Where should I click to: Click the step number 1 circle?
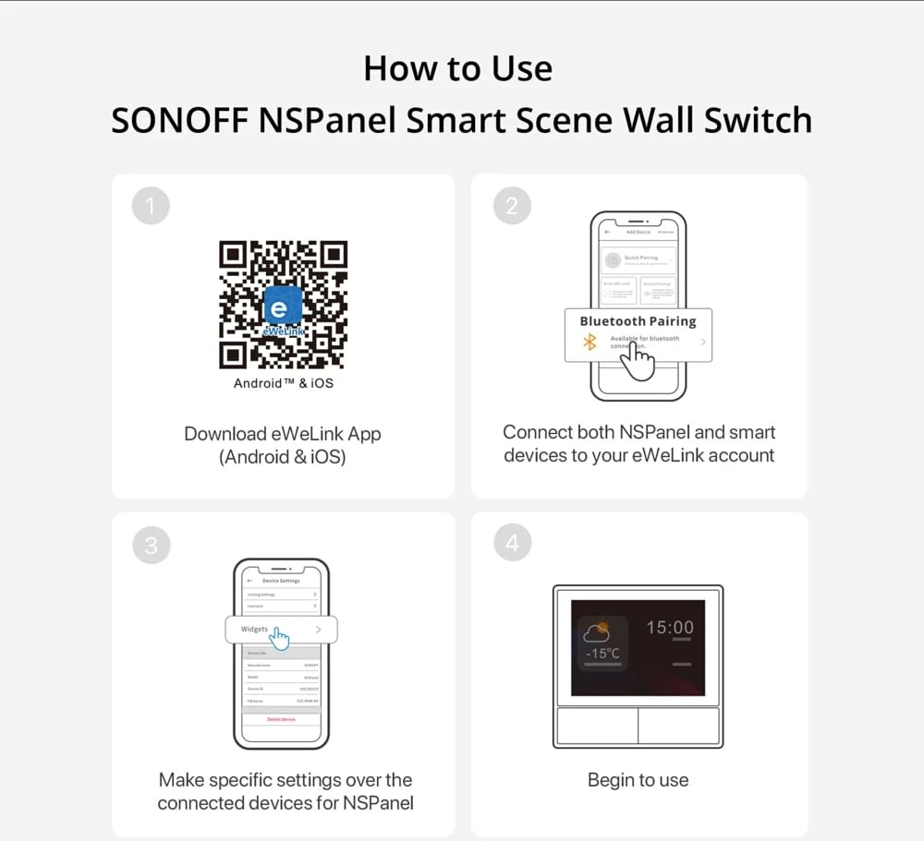[151, 206]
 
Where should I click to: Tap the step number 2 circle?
[512, 206]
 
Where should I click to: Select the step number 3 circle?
[151, 546]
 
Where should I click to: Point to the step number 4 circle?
[512, 544]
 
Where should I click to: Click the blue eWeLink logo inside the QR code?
[282, 306]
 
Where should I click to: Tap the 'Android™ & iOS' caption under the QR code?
[283, 382]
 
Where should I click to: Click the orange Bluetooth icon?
[590, 342]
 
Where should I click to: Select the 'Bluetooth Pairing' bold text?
[638, 321]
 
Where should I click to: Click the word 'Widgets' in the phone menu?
[254, 629]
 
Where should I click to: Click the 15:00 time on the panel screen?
[669, 628]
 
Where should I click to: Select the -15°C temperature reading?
[602, 654]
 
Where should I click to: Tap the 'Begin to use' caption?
[638, 780]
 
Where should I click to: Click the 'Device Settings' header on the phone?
[281, 581]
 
